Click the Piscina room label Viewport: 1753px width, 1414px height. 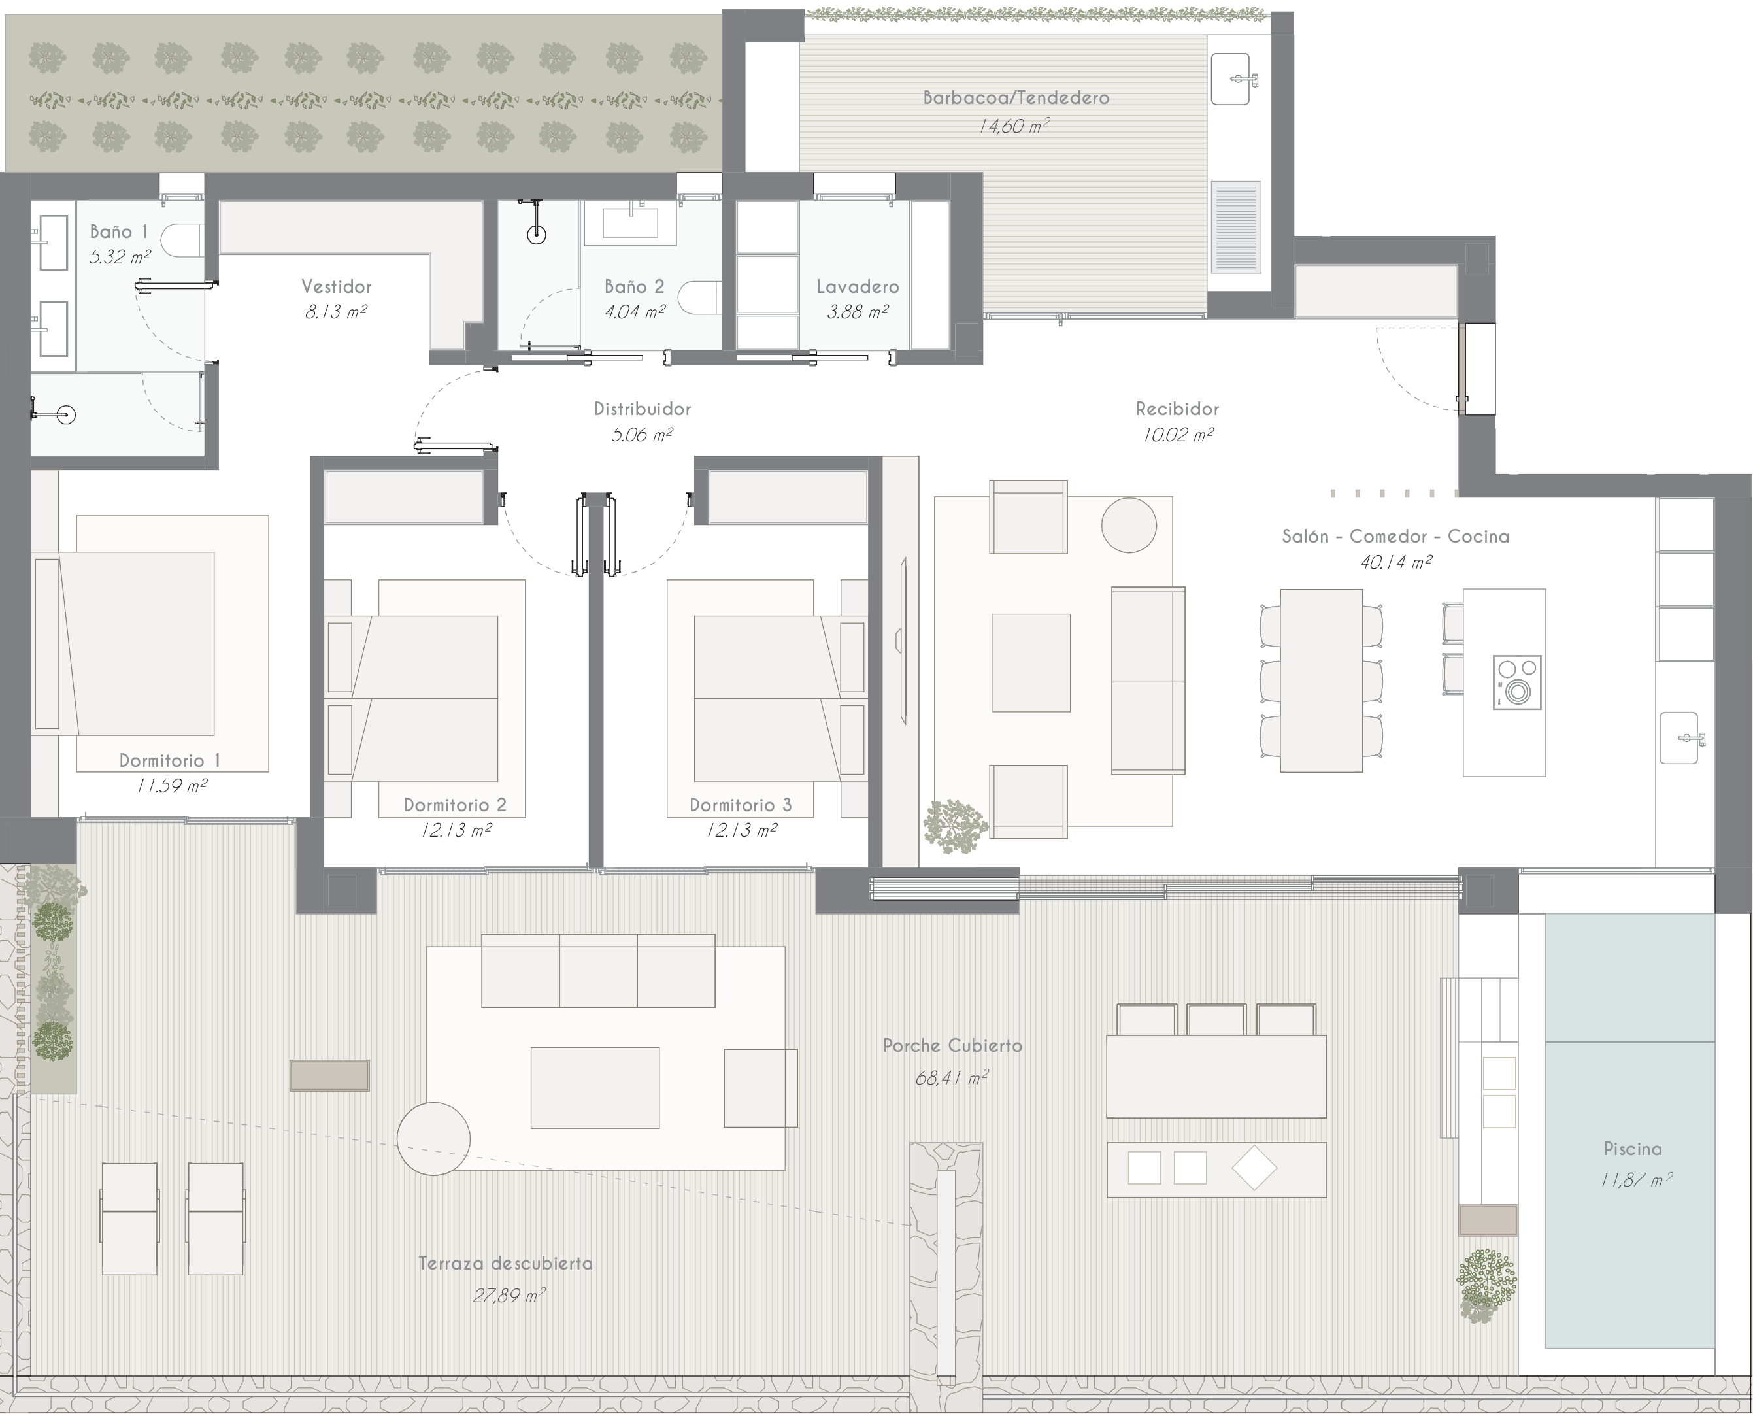pos(1633,1149)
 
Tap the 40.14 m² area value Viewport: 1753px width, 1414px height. pos(1395,561)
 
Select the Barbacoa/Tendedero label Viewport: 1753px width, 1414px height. pos(1015,98)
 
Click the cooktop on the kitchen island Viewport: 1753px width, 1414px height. pos(1517,682)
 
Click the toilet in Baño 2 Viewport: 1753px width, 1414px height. pos(700,297)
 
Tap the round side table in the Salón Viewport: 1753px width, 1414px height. pos(1129,526)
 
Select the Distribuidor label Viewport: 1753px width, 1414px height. pos(643,409)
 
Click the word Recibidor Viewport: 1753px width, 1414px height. pos(1177,409)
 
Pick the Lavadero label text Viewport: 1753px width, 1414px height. pos(858,287)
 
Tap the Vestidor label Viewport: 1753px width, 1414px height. pos(336,287)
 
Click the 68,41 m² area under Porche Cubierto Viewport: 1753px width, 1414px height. pos(952,1077)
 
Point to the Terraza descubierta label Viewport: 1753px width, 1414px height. pos(506,1263)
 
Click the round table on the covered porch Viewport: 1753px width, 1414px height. pos(433,1139)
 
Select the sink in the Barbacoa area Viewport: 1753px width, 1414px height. pos(1230,79)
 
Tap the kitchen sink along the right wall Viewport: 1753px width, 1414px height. pos(1679,737)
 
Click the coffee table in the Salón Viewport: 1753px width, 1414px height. pos(1031,663)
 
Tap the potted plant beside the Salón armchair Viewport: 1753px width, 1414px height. pos(954,826)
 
